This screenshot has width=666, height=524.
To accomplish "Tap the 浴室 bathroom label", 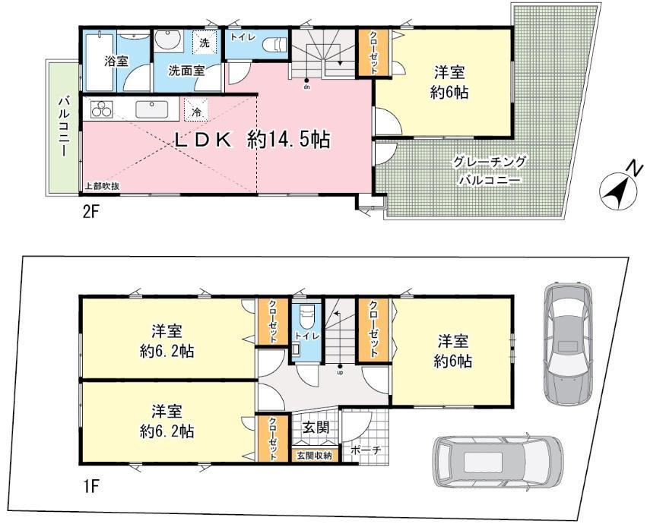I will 116,61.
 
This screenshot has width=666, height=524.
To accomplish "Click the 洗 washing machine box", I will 204,44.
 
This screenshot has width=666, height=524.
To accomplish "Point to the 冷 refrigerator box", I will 197,111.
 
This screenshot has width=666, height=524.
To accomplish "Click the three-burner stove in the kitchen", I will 102,109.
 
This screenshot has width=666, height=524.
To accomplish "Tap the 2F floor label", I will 91,211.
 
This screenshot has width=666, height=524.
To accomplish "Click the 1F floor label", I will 92,481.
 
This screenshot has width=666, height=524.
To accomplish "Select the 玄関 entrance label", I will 315,428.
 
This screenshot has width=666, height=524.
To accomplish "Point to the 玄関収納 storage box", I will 313,456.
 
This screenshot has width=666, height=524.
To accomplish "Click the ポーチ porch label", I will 365,451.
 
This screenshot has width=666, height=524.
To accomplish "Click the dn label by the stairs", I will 306,87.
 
